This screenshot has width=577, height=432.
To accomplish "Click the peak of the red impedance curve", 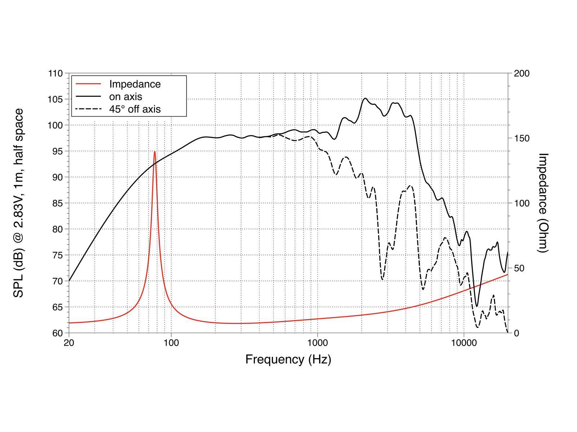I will pyautogui.click(x=155, y=152).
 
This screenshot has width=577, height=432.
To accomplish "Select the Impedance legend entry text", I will pyautogui.click(x=135, y=84).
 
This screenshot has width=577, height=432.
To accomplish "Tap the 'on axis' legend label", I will pyautogui.click(x=125, y=96).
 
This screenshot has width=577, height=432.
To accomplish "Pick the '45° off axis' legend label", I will pyautogui.click(x=135, y=109).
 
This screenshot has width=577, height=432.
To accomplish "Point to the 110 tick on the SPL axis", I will pyautogui.click(x=55, y=73).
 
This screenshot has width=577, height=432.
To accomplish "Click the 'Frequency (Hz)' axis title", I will pyautogui.click(x=288, y=359).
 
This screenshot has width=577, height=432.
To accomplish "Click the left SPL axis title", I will pyautogui.click(x=18, y=203).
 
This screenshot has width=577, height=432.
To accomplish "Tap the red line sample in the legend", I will pyautogui.click(x=88, y=84).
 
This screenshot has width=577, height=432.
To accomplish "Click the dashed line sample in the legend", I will pyautogui.click(x=88, y=109).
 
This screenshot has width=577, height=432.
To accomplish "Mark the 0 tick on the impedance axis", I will pyautogui.click(x=516, y=333).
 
